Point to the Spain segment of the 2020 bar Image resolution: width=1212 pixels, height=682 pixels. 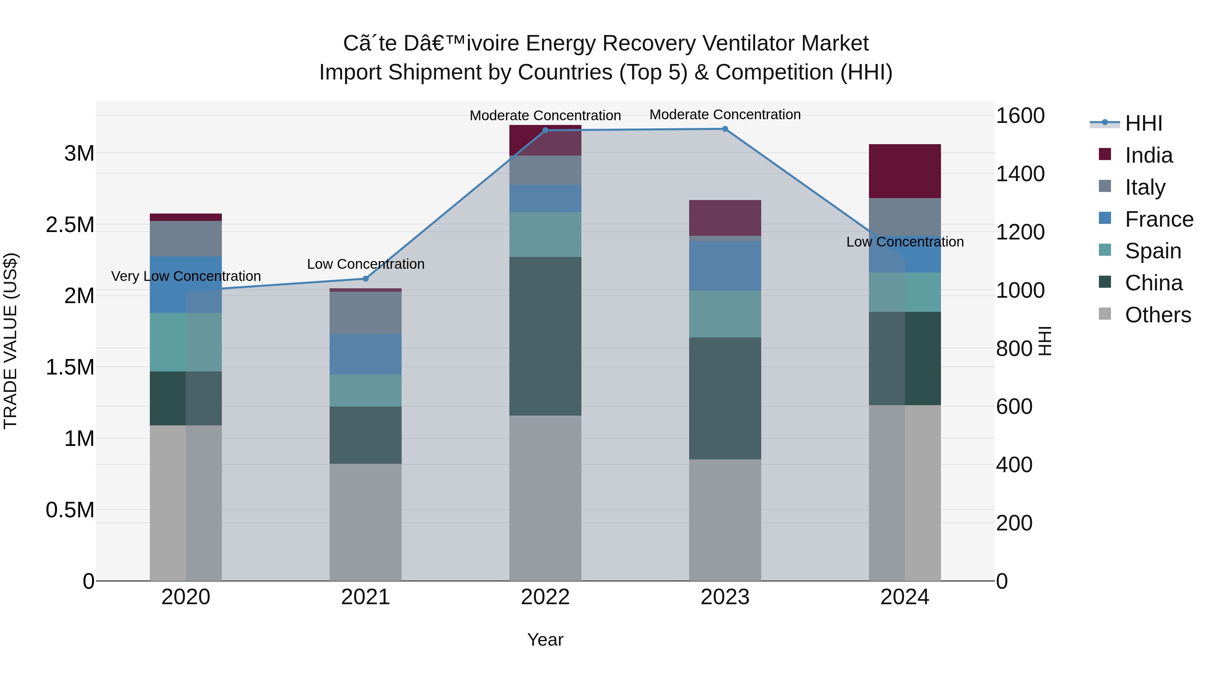[186, 342]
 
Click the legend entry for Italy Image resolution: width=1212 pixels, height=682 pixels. [1145, 187]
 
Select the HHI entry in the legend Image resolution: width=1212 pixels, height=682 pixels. [1143, 123]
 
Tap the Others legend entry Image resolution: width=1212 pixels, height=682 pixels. [1157, 315]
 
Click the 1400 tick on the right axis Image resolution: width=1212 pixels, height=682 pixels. [1020, 174]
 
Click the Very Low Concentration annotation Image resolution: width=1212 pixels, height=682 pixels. [186, 276]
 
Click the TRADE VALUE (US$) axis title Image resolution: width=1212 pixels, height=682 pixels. [10, 341]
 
